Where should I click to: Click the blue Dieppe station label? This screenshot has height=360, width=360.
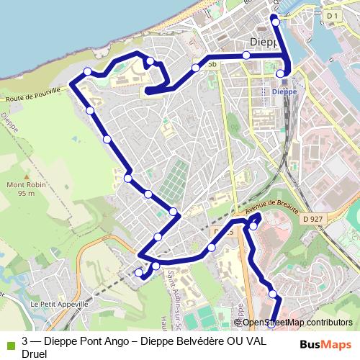[x=284, y=91]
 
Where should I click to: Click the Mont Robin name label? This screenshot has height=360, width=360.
[x=22, y=185]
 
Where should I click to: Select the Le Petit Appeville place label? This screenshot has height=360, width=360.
[x=59, y=304]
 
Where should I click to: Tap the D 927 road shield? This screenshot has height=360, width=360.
[x=312, y=218]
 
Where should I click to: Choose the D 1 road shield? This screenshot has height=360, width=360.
[x=332, y=15]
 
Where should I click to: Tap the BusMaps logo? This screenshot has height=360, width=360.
[x=325, y=344]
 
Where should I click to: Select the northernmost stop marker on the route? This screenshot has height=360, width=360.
[x=276, y=22]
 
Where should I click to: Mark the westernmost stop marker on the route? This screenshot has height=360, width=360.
[x=87, y=71]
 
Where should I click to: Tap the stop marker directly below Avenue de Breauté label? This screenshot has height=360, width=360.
[x=253, y=226]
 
